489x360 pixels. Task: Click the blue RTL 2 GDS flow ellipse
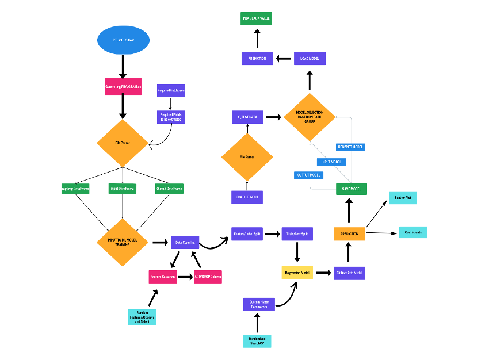pos(123,40)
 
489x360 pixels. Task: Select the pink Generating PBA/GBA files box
pos(123,87)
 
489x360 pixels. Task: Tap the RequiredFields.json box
pos(171,91)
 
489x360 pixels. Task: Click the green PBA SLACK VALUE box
pos(256,18)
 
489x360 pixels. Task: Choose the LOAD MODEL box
pos(310,58)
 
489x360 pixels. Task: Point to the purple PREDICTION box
pos(257,58)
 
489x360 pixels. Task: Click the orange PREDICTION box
pos(349,233)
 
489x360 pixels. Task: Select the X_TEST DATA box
pos(247,117)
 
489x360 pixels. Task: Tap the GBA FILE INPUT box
pos(247,197)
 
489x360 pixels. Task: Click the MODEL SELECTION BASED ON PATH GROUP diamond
pos(310,117)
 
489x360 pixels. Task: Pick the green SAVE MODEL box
pos(352,189)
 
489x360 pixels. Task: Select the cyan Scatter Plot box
pos(403,198)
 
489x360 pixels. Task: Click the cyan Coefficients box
pos(413,232)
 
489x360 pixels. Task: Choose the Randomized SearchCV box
pos(257,340)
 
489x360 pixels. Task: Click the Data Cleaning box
pos(185,243)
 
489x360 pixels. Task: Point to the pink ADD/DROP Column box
pos(208,277)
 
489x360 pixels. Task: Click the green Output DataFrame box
pos(169,189)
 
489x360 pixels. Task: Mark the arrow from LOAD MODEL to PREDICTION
pos(283,58)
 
